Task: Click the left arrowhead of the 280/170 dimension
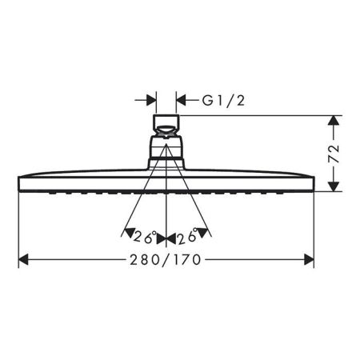tap(24, 260)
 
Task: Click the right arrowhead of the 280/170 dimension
tap(308, 260)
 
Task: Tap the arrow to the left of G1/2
tap(150, 100)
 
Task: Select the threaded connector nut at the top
tap(166, 125)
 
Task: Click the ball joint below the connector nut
tap(166, 150)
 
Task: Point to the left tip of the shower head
tap(19, 181)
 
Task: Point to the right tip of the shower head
tap(313, 181)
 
